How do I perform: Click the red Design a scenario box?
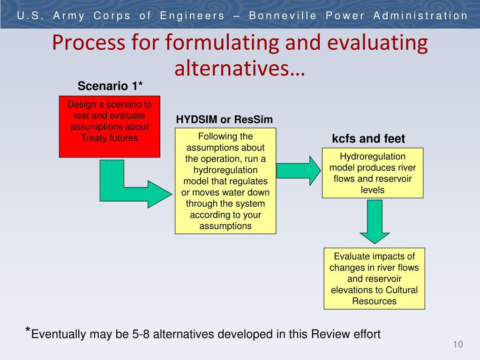coord(109,126)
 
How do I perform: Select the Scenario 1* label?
coord(110,86)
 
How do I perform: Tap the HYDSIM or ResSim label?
coord(224,120)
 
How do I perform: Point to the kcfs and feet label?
coord(368,139)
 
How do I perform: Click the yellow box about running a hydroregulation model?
coord(225,181)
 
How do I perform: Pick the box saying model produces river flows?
coord(373,173)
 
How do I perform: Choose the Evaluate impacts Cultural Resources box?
coord(374,278)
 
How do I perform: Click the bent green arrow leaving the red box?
coord(127,187)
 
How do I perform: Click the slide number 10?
coord(458,345)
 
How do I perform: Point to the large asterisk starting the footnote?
coord(28,331)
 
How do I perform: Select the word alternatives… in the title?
coord(240,68)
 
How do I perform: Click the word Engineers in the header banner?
coord(192,16)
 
